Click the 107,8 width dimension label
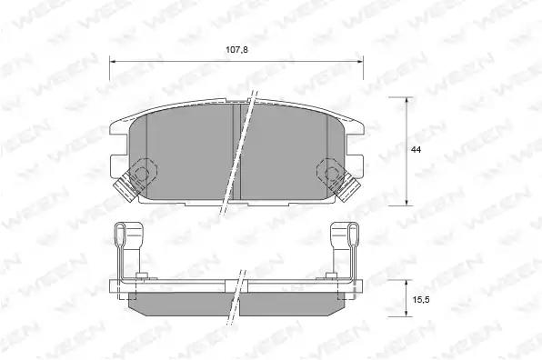[236, 50]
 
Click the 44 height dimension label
[417, 150]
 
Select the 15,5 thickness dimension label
[421, 300]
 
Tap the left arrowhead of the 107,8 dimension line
[113, 62]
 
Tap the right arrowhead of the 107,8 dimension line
[360, 62]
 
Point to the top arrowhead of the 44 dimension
[406, 101]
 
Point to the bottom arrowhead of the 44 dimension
[406, 203]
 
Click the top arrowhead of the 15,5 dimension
[406, 284]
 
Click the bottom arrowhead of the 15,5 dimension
[406, 313]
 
